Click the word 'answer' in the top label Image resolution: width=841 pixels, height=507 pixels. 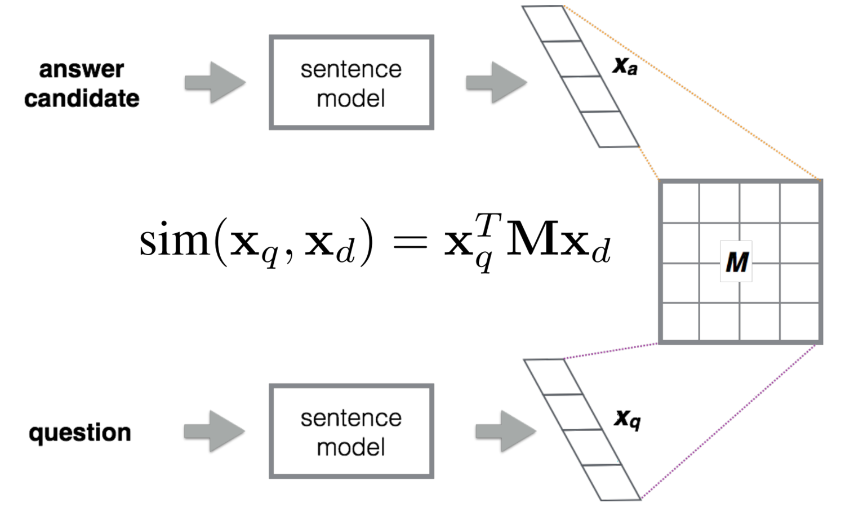tap(81, 69)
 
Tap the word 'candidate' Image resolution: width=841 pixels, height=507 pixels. tap(82, 99)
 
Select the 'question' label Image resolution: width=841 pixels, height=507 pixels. tap(80, 433)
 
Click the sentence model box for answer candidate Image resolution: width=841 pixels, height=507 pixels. tap(351, 83)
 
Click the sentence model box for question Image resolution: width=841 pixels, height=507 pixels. tap(351, 432)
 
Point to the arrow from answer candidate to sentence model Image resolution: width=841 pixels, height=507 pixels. tap(215, 83)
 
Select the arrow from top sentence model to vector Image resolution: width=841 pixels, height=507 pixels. tap(496, 83)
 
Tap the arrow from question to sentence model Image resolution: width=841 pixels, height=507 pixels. tap(214, 432)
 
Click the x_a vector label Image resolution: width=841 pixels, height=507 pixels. tap(625, 66)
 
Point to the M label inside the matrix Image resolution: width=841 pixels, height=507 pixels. tap(736, 262)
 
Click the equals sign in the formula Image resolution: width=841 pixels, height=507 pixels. tap(410, 243)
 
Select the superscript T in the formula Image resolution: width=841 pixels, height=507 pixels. tap(488, 224)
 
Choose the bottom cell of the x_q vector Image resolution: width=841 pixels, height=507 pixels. tap(611, 482)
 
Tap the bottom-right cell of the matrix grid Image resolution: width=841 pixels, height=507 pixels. tap(799, 322)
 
